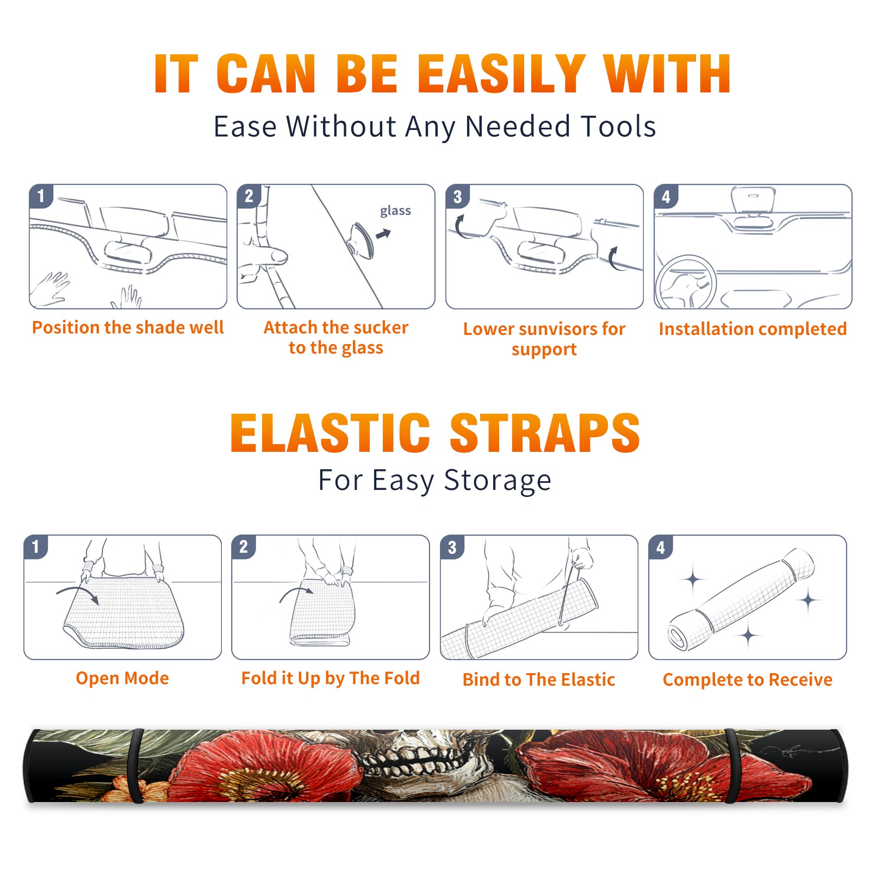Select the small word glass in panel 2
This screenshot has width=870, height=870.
click(395, 211)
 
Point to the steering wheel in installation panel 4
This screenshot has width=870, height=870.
click(686, 282)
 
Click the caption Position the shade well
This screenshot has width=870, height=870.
click(128, 327)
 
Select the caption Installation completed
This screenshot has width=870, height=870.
click(753, 329)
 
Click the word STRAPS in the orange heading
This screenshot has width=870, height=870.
click(545, 433)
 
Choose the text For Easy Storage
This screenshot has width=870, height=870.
click(435, 481)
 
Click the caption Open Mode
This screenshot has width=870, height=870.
click(122, 678)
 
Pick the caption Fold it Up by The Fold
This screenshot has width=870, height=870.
click(331, 678)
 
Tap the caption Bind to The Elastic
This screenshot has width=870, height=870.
click(539, 680)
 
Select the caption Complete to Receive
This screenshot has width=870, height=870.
click(748, 680)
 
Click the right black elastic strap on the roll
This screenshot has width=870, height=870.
click(732, 766)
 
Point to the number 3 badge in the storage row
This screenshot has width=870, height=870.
click(452, 547)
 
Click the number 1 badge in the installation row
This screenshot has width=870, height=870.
click(41, 196)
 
